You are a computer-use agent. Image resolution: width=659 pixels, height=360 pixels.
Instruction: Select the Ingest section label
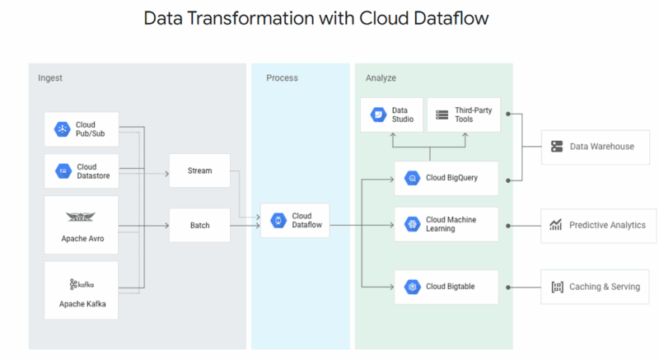(x=50, y=78)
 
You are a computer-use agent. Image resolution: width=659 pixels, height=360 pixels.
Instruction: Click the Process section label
(x=282, y=78)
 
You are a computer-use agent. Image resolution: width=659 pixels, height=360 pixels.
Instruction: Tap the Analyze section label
(x=381, y=78)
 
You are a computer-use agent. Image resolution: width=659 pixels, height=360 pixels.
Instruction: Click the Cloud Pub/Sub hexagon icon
(x=63, y=129)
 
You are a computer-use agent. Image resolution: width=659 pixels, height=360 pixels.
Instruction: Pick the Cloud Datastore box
(x=82, y=171)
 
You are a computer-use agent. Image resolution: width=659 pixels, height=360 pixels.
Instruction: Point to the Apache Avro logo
(x=81, y=217)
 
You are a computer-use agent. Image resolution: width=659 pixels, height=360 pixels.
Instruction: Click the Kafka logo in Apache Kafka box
(x=81, y=284)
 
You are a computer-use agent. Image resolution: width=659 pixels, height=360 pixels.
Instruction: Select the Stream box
(x=199, y=171)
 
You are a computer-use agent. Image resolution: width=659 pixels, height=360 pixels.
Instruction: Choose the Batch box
(x=199, y=225)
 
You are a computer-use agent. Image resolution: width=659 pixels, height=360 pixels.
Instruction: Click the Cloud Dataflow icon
(x=278, y=221)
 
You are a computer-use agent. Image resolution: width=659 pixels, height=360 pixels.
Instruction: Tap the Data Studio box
(x=392, y=115)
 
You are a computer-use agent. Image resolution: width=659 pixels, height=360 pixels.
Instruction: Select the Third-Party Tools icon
(x=442, y=115)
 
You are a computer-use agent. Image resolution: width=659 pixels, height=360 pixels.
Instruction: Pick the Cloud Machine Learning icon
(x=411, y=224)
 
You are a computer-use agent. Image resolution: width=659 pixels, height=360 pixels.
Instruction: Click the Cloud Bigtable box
(x=446, y=287)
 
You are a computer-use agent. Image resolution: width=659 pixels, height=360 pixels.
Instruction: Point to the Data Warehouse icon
(x=556, y=147)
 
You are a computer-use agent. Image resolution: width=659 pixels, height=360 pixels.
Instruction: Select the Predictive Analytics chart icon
(x=556, y=225)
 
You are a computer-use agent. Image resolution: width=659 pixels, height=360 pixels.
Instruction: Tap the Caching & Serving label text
(x=604, y=287)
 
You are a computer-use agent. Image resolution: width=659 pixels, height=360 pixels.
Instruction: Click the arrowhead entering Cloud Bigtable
(x=390, y=287)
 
